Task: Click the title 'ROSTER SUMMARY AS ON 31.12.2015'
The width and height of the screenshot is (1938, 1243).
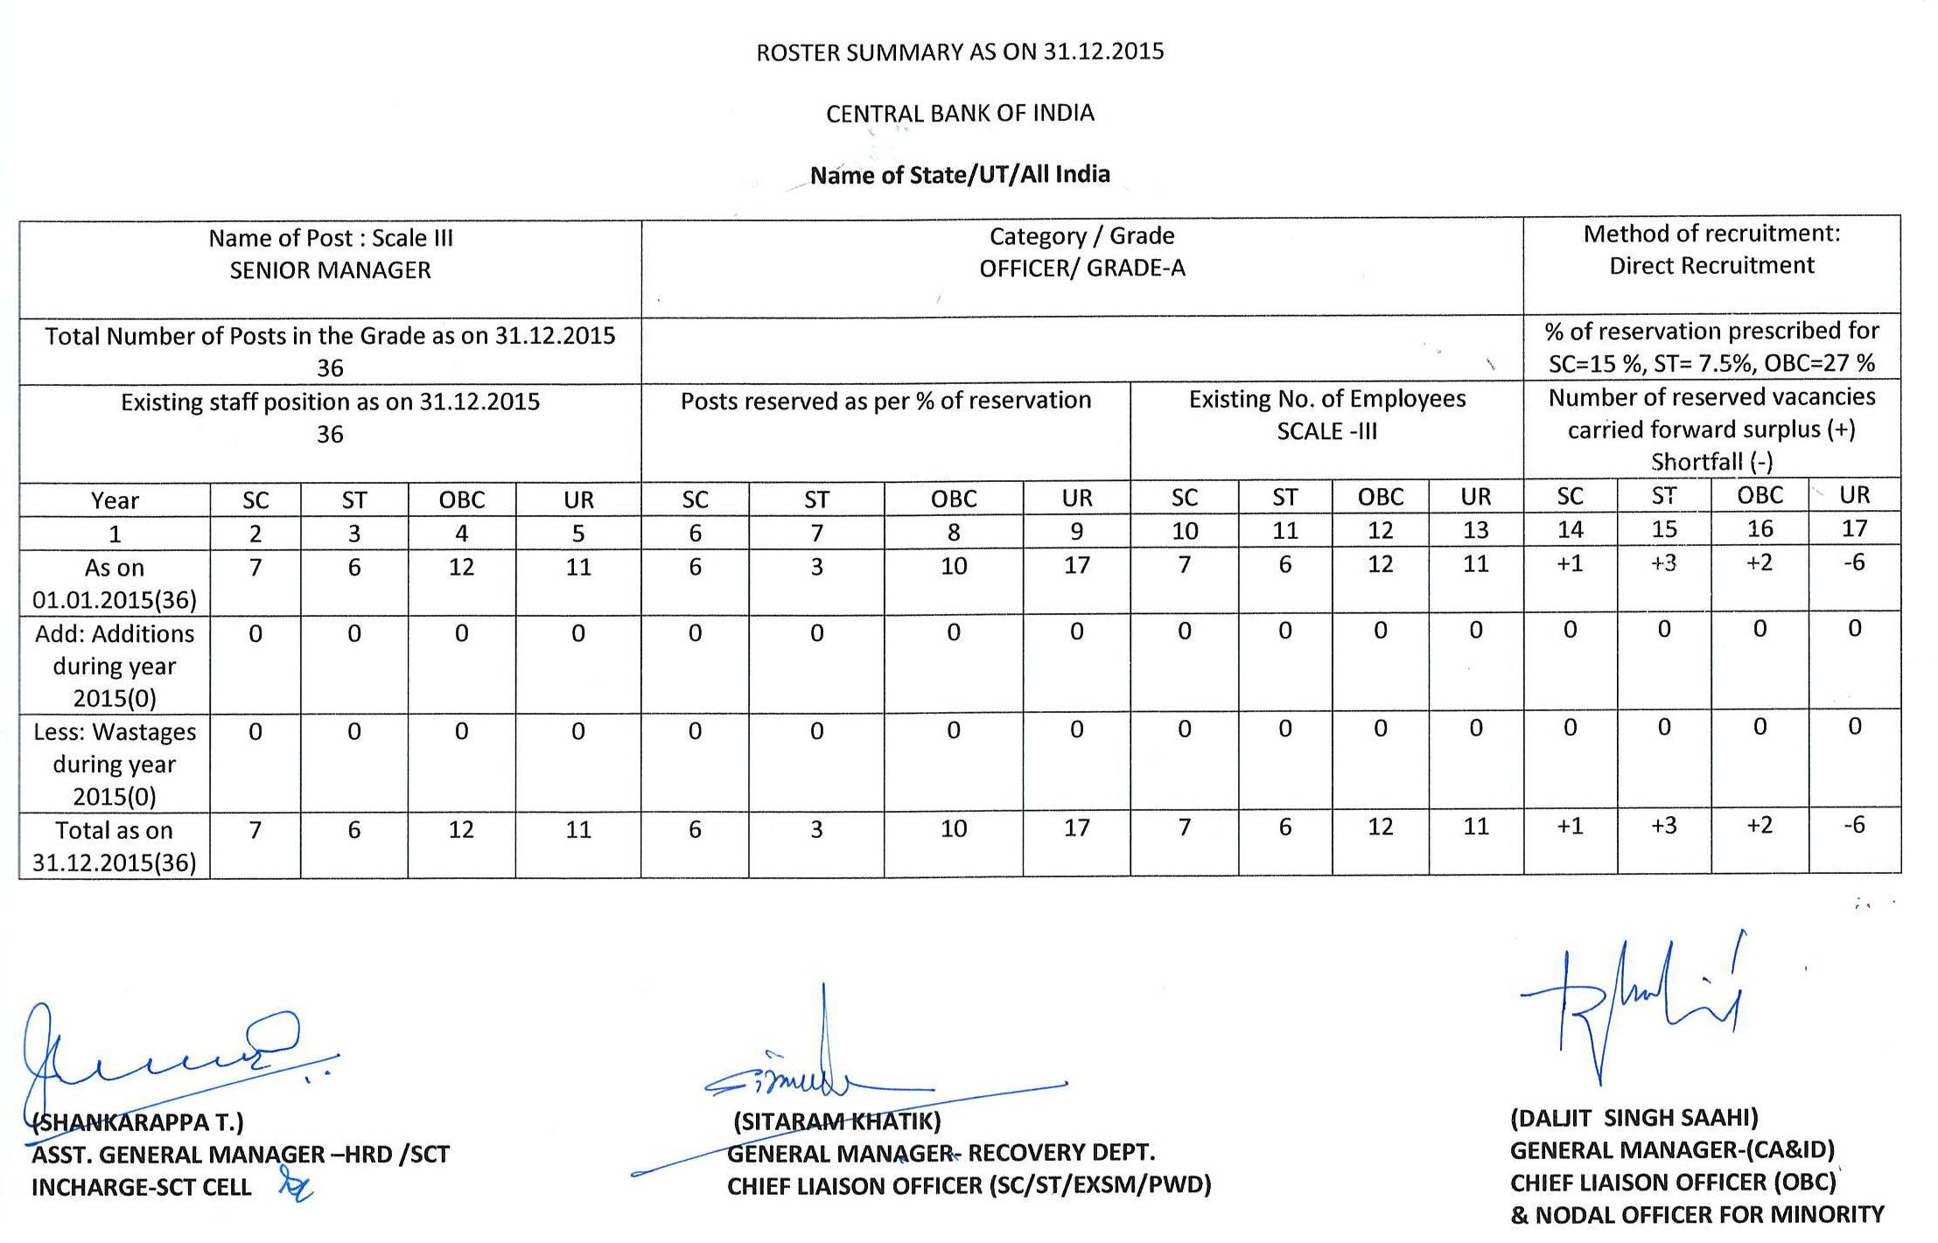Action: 960,52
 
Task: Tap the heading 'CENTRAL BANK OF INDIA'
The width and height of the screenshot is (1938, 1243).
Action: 960,114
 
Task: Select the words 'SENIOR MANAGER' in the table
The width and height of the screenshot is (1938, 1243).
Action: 330,270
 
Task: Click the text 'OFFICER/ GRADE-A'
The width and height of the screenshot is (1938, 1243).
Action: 1082,269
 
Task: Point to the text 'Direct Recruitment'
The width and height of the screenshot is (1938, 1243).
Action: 1711,266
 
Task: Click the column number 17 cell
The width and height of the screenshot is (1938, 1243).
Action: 1854,528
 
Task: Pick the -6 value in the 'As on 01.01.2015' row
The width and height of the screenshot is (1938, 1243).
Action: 1854,562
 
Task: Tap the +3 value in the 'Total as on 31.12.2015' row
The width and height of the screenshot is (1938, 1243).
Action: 1663,826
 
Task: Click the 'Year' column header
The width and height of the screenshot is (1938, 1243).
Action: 115,500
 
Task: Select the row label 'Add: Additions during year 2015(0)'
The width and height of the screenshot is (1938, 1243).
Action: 115,666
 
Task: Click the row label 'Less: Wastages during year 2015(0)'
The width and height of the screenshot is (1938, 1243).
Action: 115,764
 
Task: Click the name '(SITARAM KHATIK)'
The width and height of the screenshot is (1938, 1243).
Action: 836,1121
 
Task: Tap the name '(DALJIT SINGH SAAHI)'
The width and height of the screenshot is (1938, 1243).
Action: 1634,1118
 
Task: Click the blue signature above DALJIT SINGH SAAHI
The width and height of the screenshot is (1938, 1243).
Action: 1636,1006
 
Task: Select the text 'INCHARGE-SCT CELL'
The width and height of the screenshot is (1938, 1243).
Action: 141,1188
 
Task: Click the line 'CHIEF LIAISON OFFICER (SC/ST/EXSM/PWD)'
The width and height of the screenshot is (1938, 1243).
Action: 969,1186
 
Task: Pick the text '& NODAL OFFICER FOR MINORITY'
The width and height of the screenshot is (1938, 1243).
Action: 1697,1215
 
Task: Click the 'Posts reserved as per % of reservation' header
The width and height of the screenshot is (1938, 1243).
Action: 885,401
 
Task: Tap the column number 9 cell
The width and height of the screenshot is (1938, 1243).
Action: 1076,531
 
